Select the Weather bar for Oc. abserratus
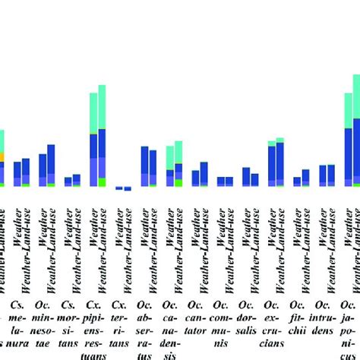pyautogui.click(x=144, y=166)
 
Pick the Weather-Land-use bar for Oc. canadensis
pyautogui.click(x=178, y=163)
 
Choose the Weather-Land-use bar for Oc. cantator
pyautogui.click(x=204, y=174)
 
